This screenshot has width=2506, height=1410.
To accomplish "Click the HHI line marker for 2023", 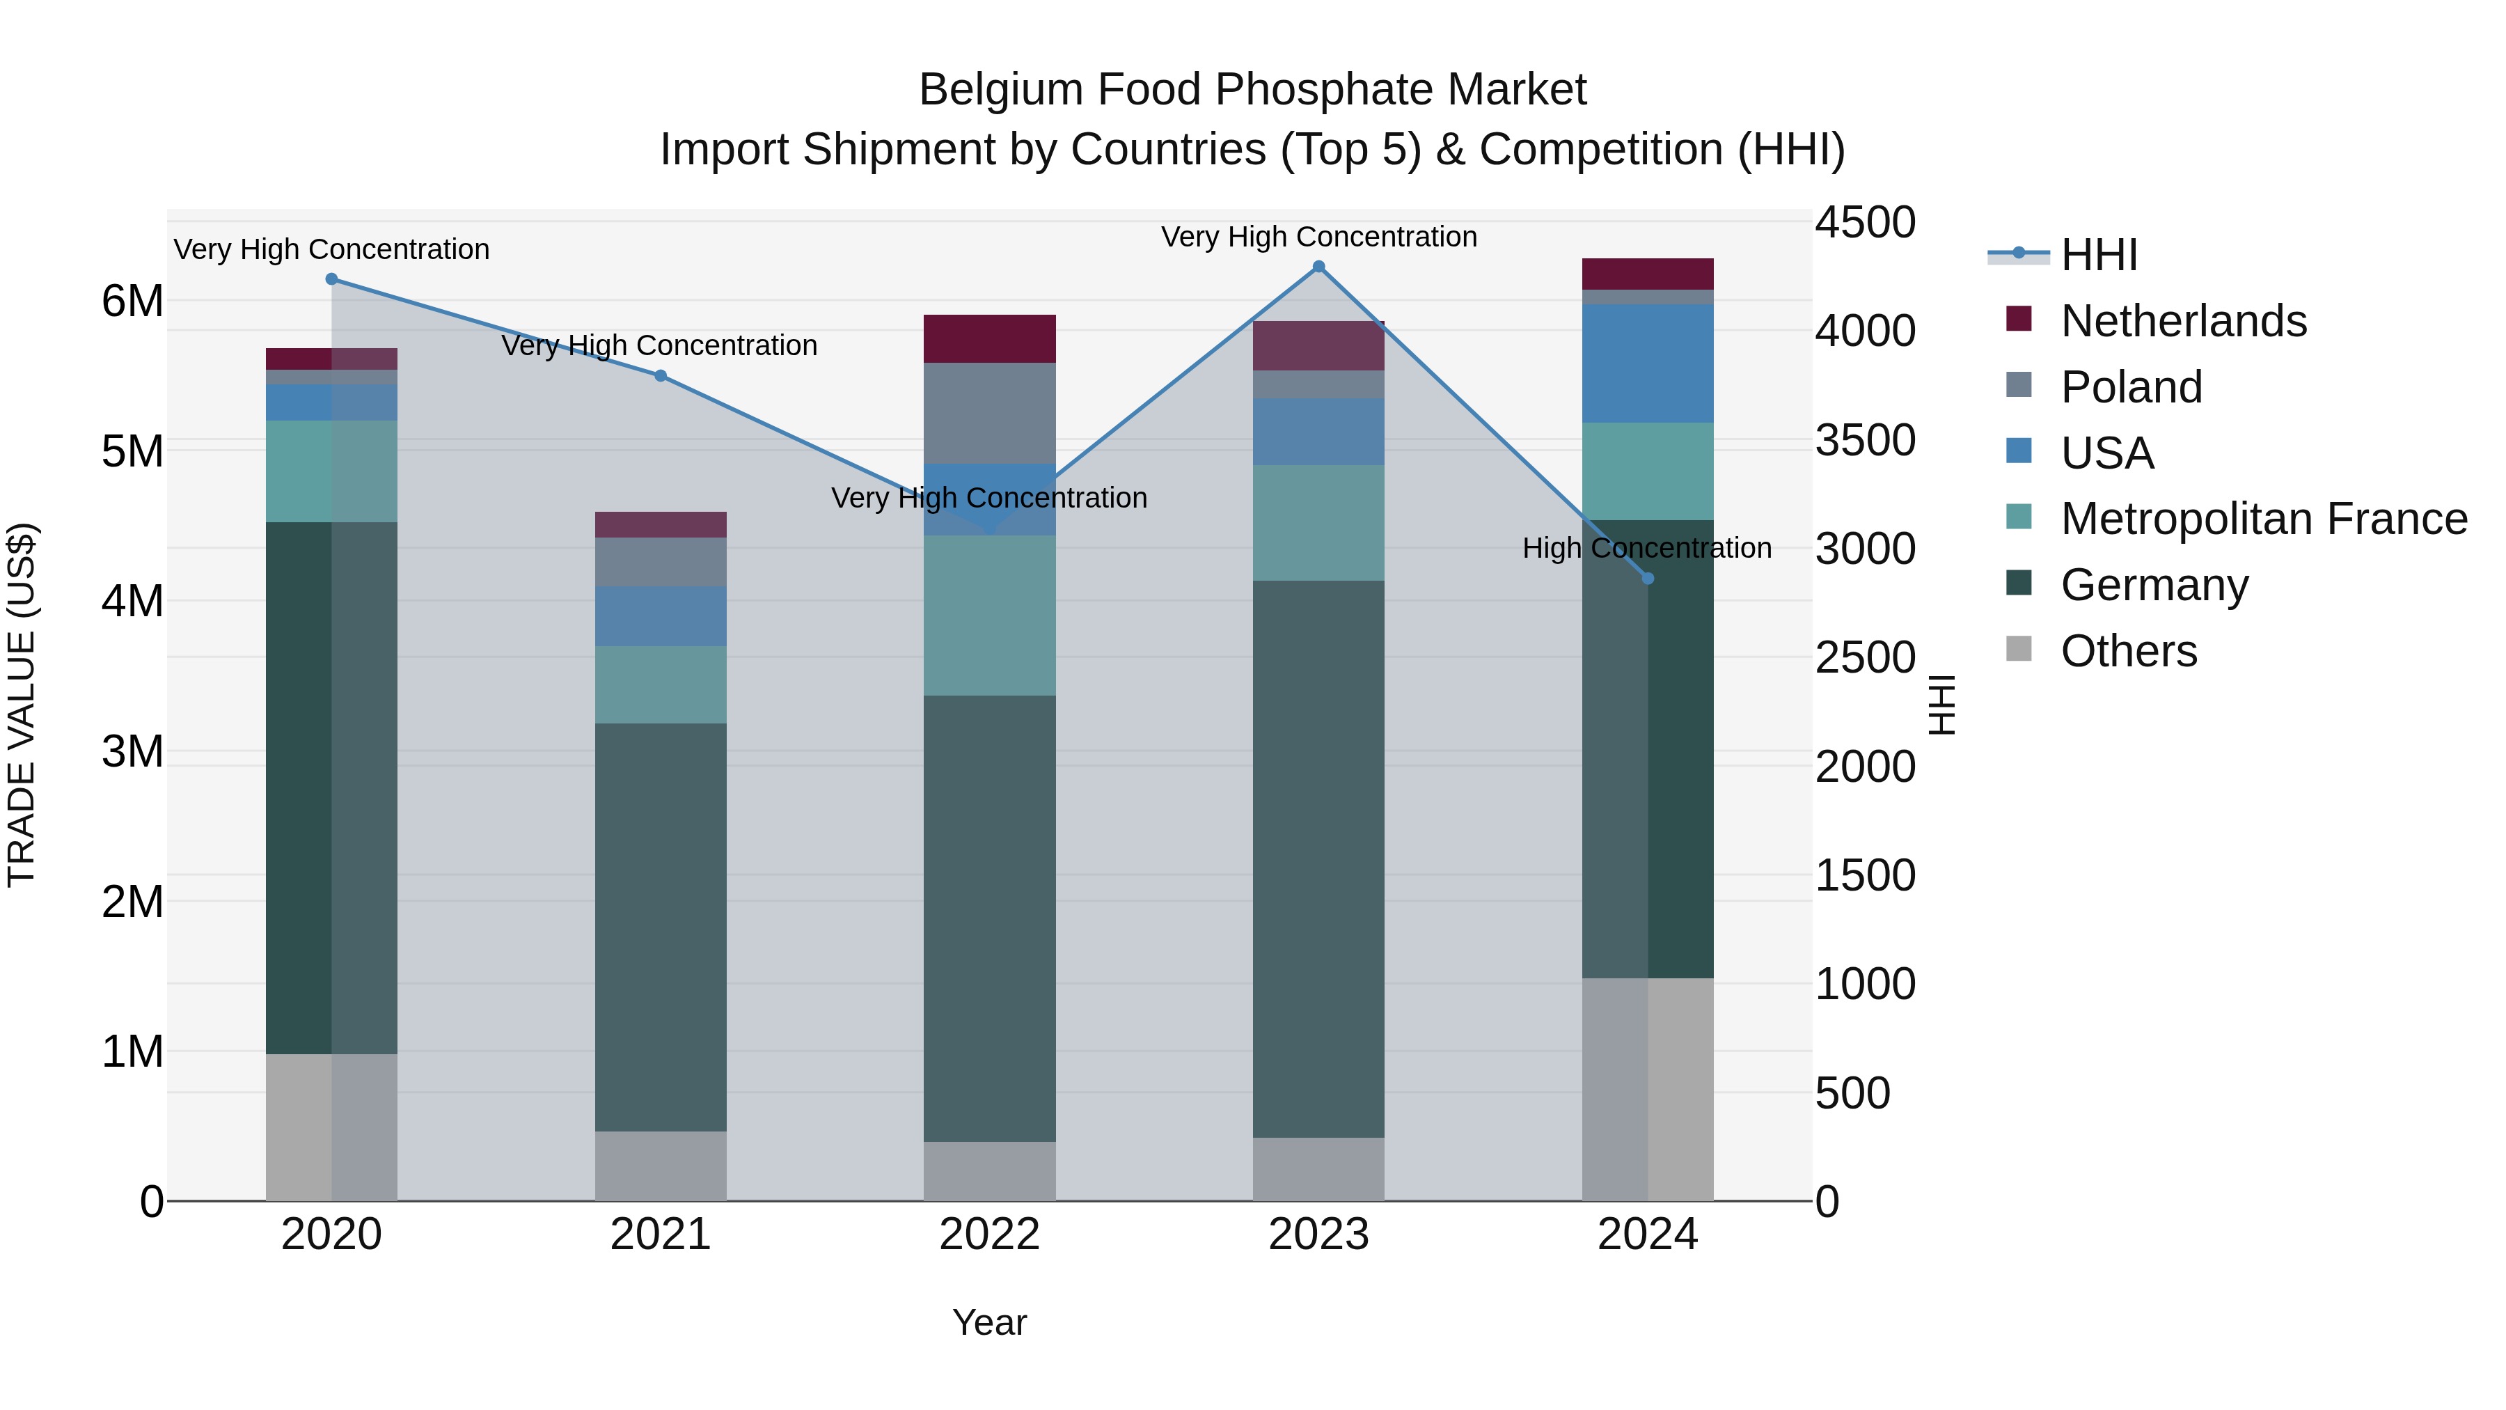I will click(1318, 267).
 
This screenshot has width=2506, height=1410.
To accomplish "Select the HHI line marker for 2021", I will click(661, 375).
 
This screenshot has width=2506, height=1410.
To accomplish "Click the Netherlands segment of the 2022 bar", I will click(989, 338).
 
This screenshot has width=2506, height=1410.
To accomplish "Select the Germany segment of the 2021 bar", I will click(661, 926).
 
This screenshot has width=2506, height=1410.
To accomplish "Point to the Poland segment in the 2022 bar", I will click(989, 413).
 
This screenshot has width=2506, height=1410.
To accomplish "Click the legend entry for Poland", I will click(2131, 387).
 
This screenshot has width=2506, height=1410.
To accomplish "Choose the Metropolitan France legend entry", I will click(2263, 519).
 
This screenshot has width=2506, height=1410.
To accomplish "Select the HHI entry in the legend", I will click(2098, 255).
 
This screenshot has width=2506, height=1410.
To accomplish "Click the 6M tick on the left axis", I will click(132, 301).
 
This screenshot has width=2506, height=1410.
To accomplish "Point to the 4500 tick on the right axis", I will click(1865, 223).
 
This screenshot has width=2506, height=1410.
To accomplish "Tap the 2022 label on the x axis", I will click(989, 1235).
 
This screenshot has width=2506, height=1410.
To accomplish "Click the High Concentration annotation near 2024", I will click(1646, 549).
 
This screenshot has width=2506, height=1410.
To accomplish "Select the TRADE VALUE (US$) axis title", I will click(22, 705).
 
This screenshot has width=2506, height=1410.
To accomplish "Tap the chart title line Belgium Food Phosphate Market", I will click(1252, 90).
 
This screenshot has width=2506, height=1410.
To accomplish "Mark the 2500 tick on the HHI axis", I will click(1865, 658).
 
